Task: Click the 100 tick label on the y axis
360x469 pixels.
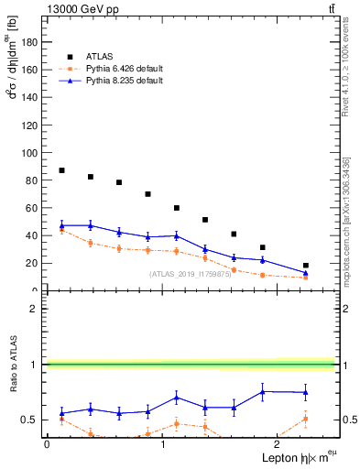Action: pyautogui.click(x=31, y=152)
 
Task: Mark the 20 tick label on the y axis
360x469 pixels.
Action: pyautogui.click(x=34, y=263)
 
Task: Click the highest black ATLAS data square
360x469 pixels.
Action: pyautogui.click(x=61, y=170)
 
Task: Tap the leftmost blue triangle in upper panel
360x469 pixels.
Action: pyautogui.click(x=61, y=225)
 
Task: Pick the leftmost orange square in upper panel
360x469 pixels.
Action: pyautogui.click(x=61, y=231)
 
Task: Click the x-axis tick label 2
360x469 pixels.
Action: pyautogui.click(x=278, y=443)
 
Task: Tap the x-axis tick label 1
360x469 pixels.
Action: pyautogui.click(x=162, y=443)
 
